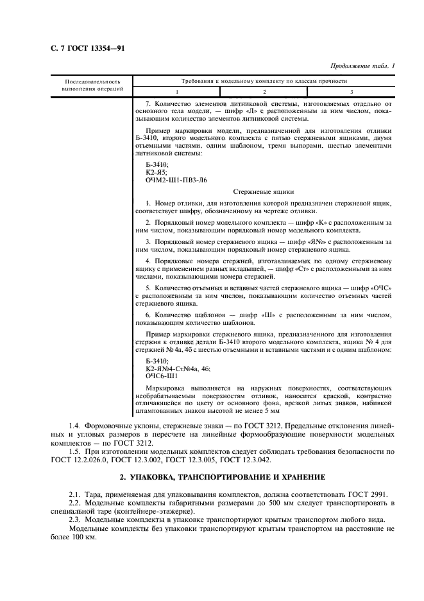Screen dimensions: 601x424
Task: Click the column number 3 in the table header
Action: click(351, 92)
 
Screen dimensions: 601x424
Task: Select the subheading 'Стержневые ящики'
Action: click(263, 191)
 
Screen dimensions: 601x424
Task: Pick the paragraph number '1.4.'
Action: click(75, 425)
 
